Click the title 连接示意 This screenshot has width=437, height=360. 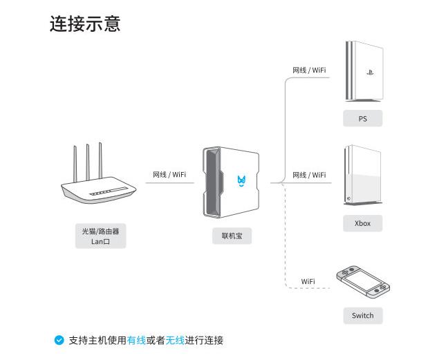point(85,23)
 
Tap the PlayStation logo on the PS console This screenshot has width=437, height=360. point(369,72)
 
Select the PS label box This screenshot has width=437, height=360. point(362,119)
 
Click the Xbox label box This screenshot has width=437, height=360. point(362,223)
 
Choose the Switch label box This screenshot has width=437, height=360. point(362,316)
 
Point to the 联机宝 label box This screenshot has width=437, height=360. point(232,236)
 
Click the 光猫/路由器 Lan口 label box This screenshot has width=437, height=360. point(100,236)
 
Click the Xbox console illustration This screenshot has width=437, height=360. point(363,176)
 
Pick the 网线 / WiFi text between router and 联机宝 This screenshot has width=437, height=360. point(169,175)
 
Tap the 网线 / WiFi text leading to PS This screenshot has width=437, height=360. point(309,70)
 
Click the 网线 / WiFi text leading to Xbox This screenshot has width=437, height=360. point(309,175)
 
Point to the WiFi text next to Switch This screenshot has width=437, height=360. point(308,281)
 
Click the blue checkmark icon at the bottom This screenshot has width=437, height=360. point(59,340)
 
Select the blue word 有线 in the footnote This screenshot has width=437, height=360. point(136,340)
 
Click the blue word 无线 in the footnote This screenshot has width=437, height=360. point(175,340)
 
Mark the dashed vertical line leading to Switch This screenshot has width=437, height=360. point(286,235)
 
